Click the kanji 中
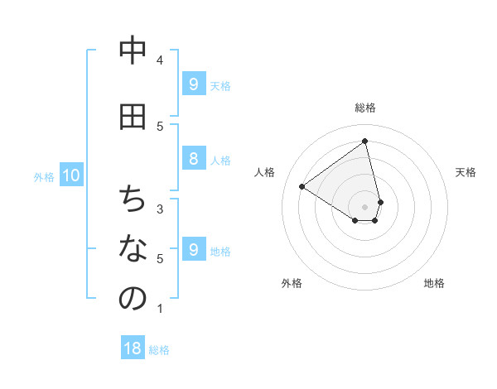click(133, 51)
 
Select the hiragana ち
click(133, 199)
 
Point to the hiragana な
click(133, 248)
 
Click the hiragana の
click(133, 299)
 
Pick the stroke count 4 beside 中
click(160, 60)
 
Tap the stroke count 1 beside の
click(160, 309)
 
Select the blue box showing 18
click(133, 348)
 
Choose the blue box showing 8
click(193, 159)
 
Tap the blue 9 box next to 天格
click(193, 84)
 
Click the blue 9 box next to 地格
click(193, 249)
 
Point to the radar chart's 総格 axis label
click(365, 108)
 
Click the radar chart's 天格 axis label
click(466, 172)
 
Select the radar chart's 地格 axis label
click(434, 283)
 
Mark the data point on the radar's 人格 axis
click(302, 186)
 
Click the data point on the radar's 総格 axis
click(365, 141)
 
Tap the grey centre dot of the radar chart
click(365, 206)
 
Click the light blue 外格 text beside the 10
click(44, 176)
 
